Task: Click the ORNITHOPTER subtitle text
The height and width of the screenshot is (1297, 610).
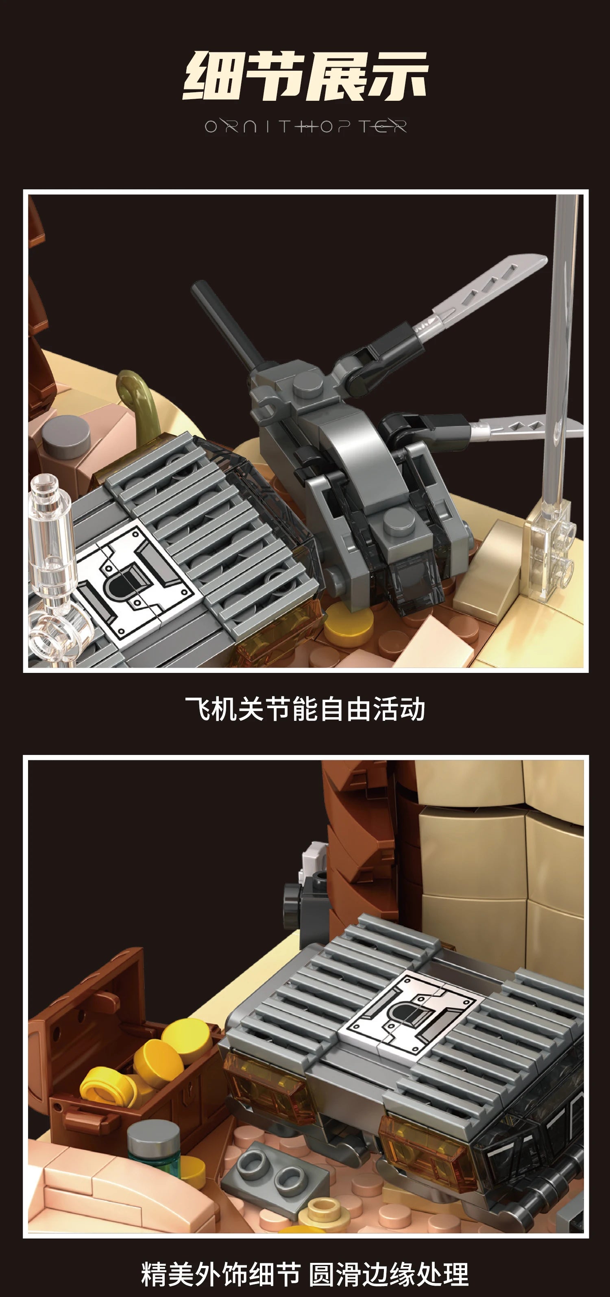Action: (x=305, y=126)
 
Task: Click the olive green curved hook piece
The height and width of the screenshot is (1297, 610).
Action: (x=139, y=398)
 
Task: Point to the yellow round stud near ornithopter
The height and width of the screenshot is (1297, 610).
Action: (x=348, y=625)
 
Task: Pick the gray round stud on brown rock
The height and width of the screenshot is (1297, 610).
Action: (x=65, y=436)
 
